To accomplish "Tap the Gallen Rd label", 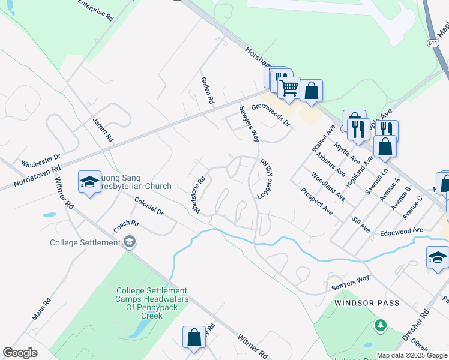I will [x=208, y=91].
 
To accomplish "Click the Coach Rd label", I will [x=127, y=227].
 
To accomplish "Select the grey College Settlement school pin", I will [x=129, y=242].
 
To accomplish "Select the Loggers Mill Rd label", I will [x=265, y=179].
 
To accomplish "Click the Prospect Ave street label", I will [x=317, y=202].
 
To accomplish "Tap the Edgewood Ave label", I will [x=401, y=230].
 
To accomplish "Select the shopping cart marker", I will [x=289, y=88].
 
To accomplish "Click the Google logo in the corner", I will [x=20, y=353].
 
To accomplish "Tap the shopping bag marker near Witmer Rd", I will [x=194, y=337].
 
